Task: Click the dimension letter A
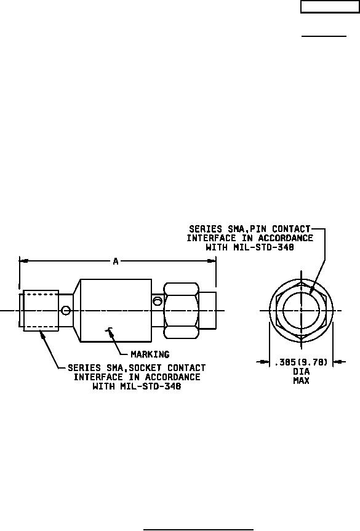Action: pyautogui.click(x=116, y=261)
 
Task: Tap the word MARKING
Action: pyautogui.click(x=150, y=354)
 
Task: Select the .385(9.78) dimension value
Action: pyautogui.click(x=301, y=362)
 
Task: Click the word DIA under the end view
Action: pyautogui.click(x=301, y=372)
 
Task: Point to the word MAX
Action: pyautogui.click(x=301, y=381)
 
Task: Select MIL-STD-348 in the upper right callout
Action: pyautogui.click(x=263, y=247)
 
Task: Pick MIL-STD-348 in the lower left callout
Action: pyautogui.click(x=150, y=386)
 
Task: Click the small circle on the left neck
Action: pyautogui.click(x=66, y=310)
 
